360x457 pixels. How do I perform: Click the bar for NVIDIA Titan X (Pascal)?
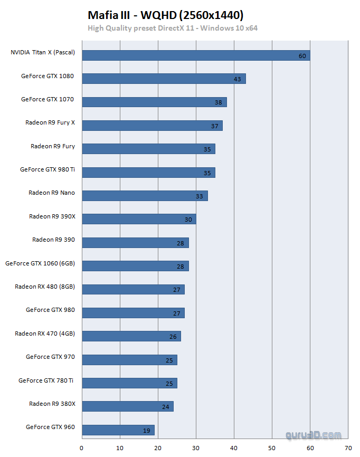coord(196,55)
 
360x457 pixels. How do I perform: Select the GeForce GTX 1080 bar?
coord(164,79)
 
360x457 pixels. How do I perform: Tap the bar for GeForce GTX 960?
coord(118,430)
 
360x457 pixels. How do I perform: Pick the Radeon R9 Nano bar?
coord(145,196)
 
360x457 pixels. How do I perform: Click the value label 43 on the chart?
coord(238,79)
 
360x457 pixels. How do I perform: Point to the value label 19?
coord(147,431)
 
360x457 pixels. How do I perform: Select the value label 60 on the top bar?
coord(302,56)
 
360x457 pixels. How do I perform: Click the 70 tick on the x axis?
coord(348,448)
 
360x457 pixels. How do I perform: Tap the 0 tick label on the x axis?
coord(82,448)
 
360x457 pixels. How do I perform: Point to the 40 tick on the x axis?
coord(234,448)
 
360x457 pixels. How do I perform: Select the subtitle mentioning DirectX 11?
coord(173,28)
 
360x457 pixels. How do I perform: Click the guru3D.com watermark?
coord(314,435)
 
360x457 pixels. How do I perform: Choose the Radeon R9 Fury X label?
coord(50,122)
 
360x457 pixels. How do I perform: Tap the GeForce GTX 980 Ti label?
coord(48,169)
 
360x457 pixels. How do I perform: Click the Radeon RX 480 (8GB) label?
coord(45,287)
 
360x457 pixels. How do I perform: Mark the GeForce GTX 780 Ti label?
coord(46,380)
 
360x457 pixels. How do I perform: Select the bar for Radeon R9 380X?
coord(127,406)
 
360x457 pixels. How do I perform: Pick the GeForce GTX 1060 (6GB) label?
coord(40,263)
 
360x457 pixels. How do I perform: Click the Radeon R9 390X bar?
coord(139,219)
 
